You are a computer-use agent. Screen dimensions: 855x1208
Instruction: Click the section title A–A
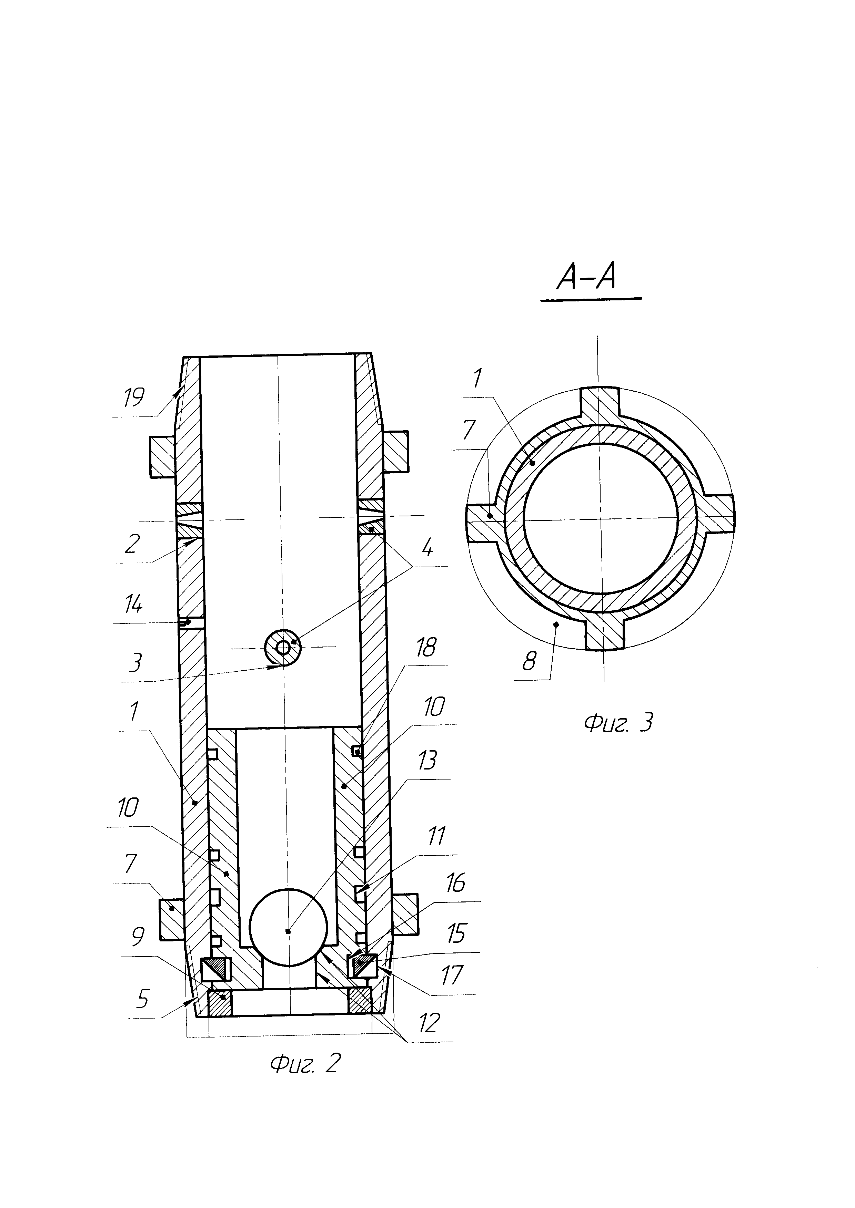pyautogui.click(x=586, y=277)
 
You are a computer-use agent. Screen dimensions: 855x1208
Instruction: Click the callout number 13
pyautogui.click(x=428, y=760)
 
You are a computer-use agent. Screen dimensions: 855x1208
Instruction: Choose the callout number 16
pyautogui.click(x=455, y=884)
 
